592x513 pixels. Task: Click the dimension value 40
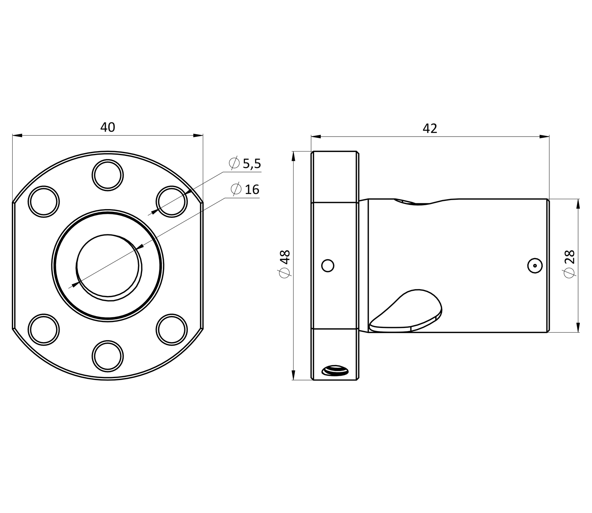click(x=108, y=127)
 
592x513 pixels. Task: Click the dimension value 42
click(x=430, y=129)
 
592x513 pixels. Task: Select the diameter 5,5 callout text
click(x=245, y=163)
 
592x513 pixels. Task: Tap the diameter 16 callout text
click(x=245, y=189)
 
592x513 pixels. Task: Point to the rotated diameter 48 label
click(x=285, y=264)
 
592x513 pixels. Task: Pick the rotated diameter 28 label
click(x=570, y=264)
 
